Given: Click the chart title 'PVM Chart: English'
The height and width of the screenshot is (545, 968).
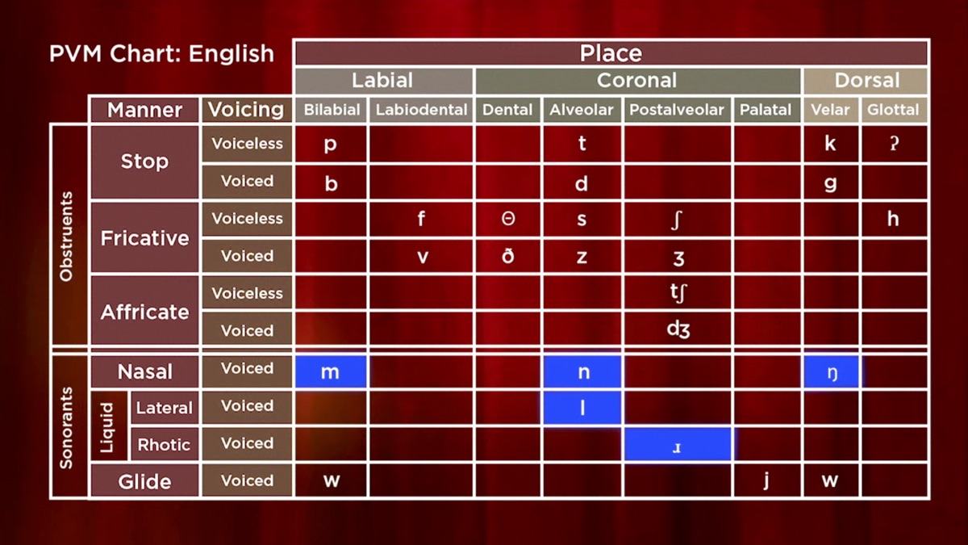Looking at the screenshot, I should pyautogui.click(x=161, y=54).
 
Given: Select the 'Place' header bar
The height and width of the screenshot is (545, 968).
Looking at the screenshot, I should pyautogui.click(x=611, y=53).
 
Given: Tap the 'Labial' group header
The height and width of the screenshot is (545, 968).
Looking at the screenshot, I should pyautogui.click(x=382, y=81).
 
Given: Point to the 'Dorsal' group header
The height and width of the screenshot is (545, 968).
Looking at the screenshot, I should pyautogui.click(x=866, y=81).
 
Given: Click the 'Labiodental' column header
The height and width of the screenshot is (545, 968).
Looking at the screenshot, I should pyautogui.click(x=421, y=110).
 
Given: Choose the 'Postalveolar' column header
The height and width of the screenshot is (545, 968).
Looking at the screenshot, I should pyautogui.click(x=676, y=110).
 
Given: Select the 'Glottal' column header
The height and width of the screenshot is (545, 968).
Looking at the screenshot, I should pyautogui.click(x=893, y=110).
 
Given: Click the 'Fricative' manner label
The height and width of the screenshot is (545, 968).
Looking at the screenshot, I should pyautogui.click(x=144, y=238).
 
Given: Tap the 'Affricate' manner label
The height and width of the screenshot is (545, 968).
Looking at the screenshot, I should pyautogui.click(x=144, y=312).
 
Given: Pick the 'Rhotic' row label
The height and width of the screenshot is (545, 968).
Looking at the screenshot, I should pyautogui.click(x=164, y=445).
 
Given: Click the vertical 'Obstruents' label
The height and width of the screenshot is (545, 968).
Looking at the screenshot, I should pyautogui.click(x=67, y=237).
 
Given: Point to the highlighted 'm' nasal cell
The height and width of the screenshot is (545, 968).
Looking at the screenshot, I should pyautogui.click(x=331, y=372).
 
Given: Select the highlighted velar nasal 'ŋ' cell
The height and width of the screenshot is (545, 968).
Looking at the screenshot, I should pyautogui.click(x=831, y=372).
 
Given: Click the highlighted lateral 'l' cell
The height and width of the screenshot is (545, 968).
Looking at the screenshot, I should pyautogui.click(x=582, y=409).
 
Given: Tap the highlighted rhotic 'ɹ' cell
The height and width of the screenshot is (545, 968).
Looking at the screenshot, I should pyautogui.click(x=677, y=446).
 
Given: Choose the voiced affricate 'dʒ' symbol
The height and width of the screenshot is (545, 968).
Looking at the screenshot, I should pyautogui.click(x=678, y=329).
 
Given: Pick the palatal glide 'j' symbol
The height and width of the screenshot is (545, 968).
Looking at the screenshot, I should pyautogui.click(x=766, y=480).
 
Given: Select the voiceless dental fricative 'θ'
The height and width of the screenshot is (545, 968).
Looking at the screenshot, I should pyautogui.click(x=507, y=219).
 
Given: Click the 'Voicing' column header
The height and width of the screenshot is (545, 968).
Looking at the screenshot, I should pyautogui.click(x=246, y=110).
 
